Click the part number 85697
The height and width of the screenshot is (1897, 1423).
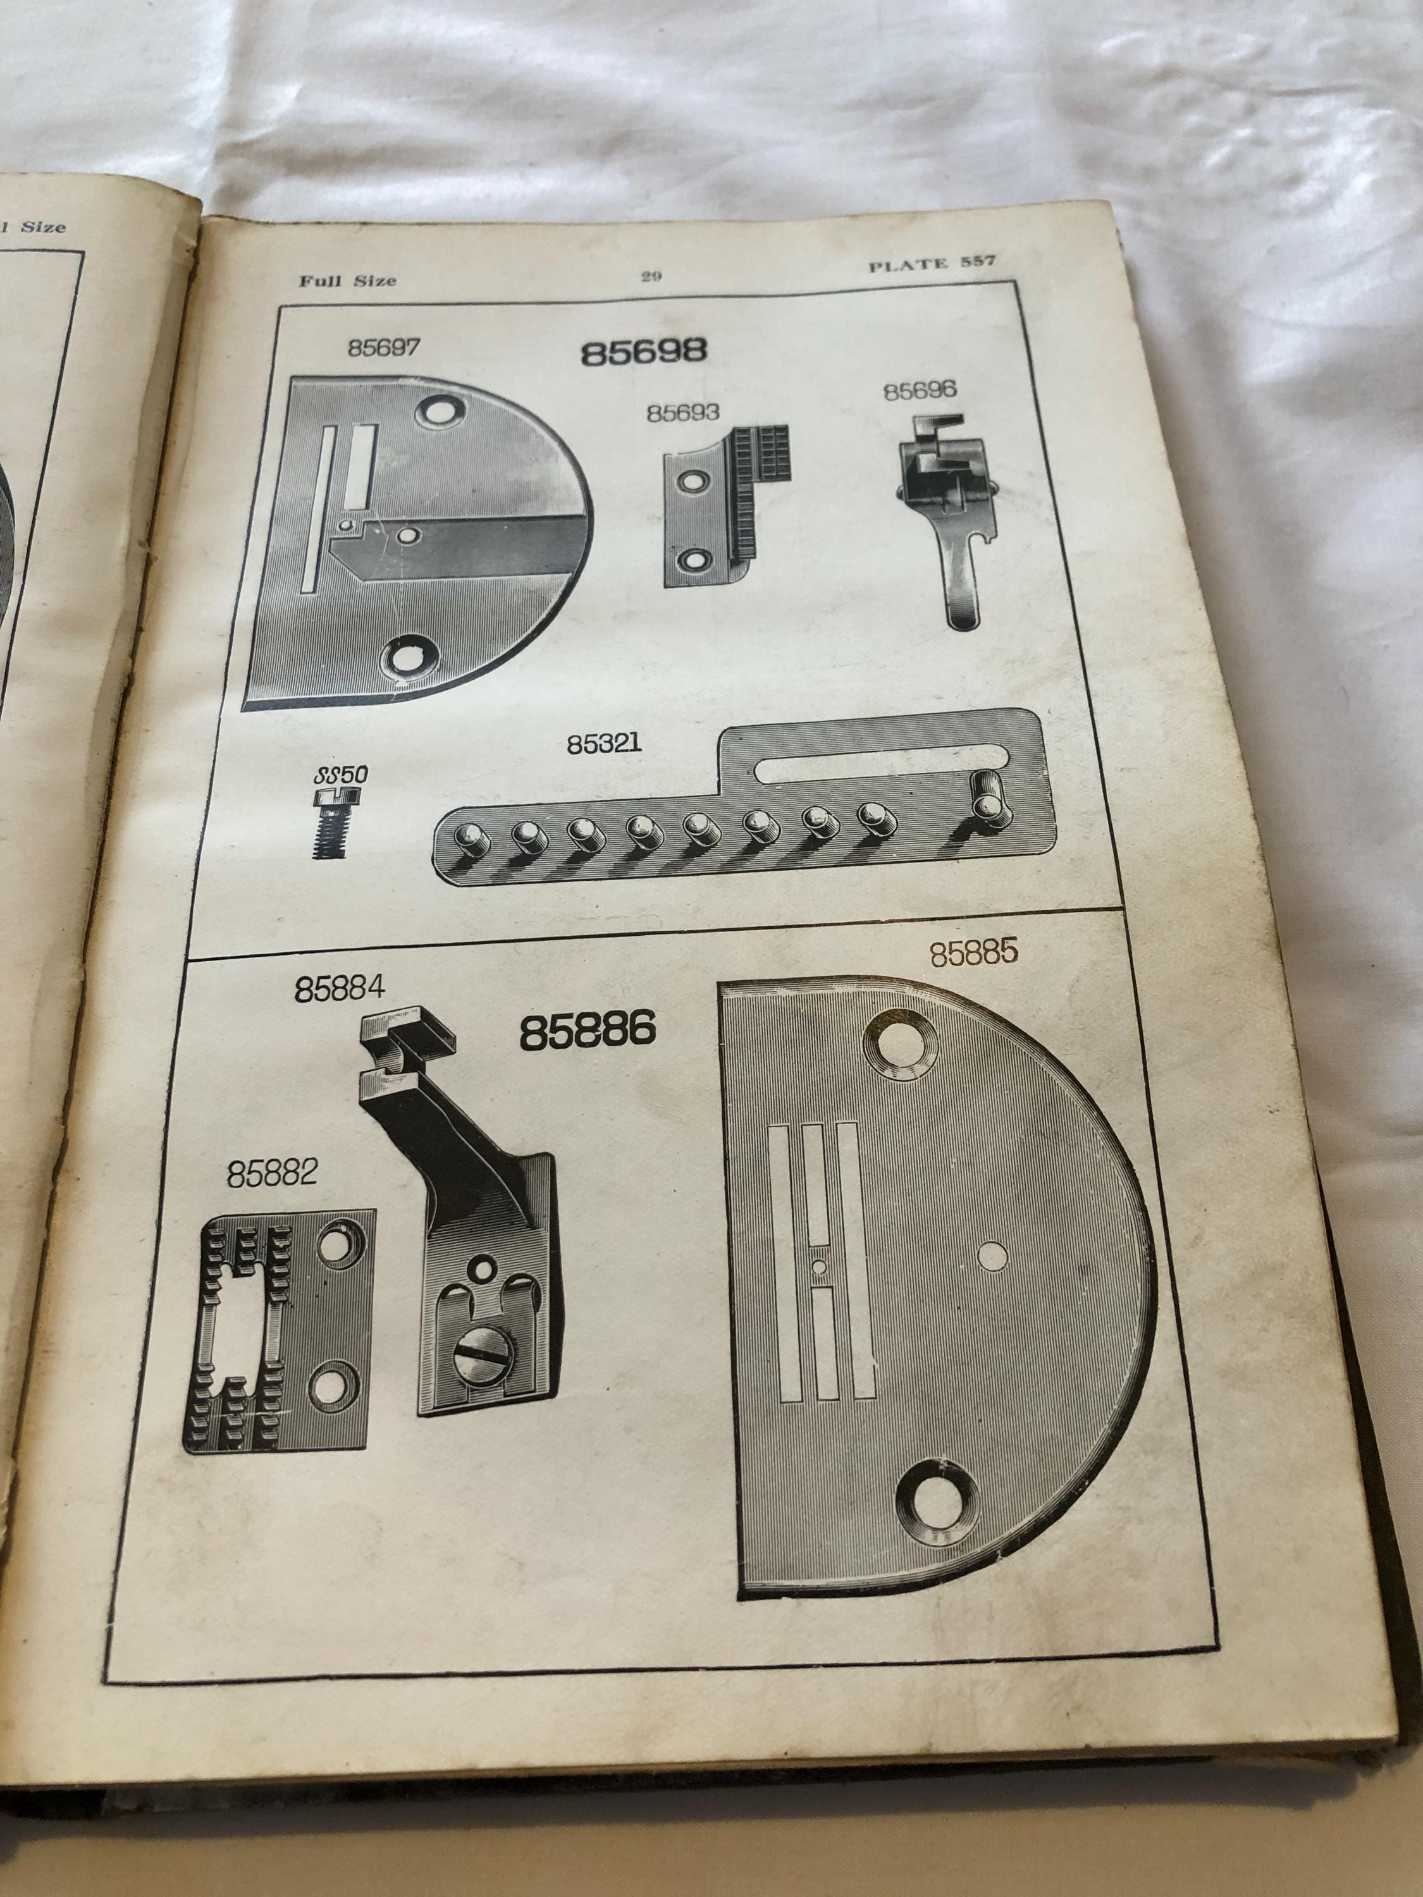pyautogui.click(x=383, y=349)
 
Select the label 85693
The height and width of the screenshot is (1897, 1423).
pyautogui.click(x=683, y=412)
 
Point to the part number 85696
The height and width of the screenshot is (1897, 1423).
pyautogui.click(x=920, y=391)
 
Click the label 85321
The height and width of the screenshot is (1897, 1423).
pyautogui.click(x=604, y=744)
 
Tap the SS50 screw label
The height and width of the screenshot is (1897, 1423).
pyautogui.click(x=340, y=775)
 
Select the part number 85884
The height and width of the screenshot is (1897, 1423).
pyautogui.click(x=340, y=990)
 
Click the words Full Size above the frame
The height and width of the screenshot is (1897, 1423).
pyautogui.click(x=347, y=279)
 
